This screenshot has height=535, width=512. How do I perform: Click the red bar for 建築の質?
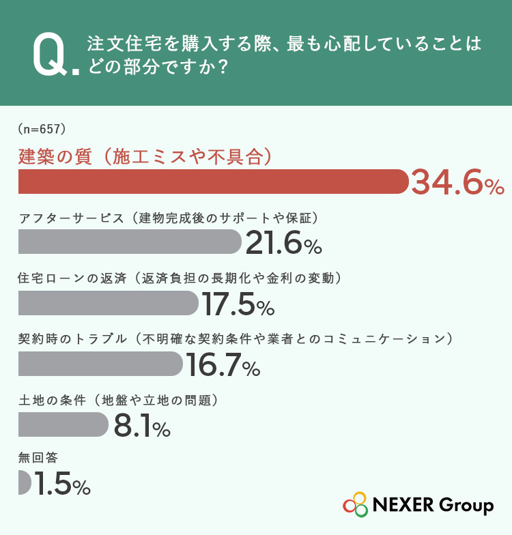point(213,182)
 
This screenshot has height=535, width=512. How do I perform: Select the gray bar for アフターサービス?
point(130,242)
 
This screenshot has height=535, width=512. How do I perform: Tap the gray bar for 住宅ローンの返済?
point(108,303)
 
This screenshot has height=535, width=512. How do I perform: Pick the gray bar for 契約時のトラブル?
point(100,364)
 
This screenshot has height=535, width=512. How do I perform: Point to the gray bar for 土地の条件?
point(63,424)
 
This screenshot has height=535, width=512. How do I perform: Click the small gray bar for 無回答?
point(25,482)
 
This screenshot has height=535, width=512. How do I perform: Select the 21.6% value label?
point(284,243)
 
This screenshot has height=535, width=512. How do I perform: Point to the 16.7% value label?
point(223,364)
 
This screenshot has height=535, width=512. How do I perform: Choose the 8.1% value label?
point(142,424)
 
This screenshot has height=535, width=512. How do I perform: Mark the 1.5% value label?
point(63,483)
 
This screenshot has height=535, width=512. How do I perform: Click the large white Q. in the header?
point(56,55)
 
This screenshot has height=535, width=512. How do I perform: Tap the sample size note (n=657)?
point(42,129)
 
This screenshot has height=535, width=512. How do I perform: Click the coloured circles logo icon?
point(355,504)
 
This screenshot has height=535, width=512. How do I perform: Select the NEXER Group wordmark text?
point(433,505)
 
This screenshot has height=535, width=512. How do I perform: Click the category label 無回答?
point(38,457)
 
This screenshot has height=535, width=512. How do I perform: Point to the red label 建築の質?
point(55,157)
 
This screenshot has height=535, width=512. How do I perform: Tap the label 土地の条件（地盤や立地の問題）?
point(118,400)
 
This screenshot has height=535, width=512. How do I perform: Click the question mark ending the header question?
point(223,66)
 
